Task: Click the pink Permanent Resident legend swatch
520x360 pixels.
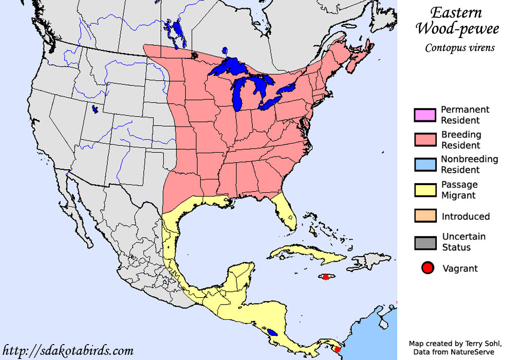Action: pyautogui.click(x=424, y=115)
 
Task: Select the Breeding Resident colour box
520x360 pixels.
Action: pyautogui.click(x=424, y=139)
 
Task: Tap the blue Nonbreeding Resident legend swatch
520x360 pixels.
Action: pyautogui.click(x=424, y=164)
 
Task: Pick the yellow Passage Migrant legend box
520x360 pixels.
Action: pyautogui.click(x=424, y=190)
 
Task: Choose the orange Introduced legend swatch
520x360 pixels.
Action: pyautogui.click(x=424, y=216)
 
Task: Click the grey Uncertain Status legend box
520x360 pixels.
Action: pyautogui.click(x=424, y=242)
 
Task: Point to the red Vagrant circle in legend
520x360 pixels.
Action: pyautogui.click(x=427, y=268)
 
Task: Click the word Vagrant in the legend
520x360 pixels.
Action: pyautogui.click(x=460, y=268)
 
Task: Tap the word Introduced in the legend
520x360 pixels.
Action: pyautogui.click(x=466, y=217)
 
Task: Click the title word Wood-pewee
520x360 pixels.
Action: pyautogui.click(x=457, y=29)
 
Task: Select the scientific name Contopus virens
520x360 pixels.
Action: pyautogui.click(x=459, y=48)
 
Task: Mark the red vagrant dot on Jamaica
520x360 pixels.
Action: pyautogui.click(x=325, y=277)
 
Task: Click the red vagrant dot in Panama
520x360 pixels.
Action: pyautogui.click(x=337, y=350)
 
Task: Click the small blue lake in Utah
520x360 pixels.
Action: pyautogui.click(x=95, y=109)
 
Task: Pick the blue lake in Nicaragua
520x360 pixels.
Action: pyautogui.click(x=272, y=332)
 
